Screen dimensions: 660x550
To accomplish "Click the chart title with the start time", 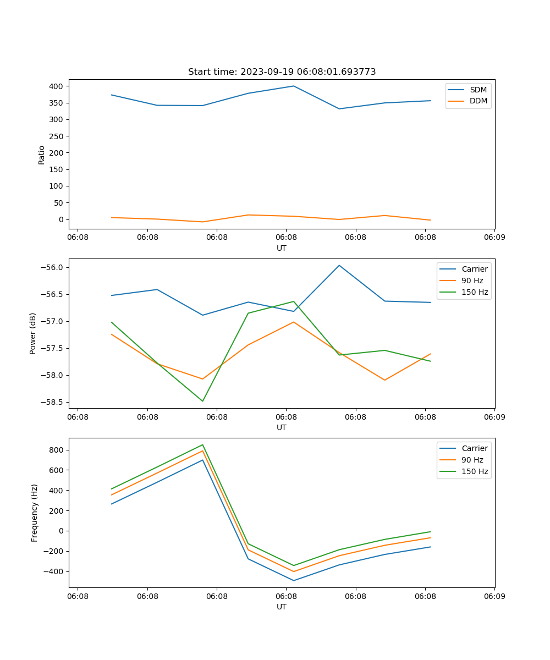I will pyautogui.click(x=282, y=72).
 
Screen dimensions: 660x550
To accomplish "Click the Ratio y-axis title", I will pyautogui.click(x=42, y=155).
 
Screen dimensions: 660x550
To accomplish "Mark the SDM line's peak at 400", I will pyautogui.click(x=294, y=86).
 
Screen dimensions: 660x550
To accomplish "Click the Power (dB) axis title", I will pyautogui.click(x=33, y=333).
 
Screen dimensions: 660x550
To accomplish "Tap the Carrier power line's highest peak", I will pyautogui.click(x=339, y=265).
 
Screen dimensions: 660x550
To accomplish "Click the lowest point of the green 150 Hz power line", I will pyautogui.click(x=202, y=401).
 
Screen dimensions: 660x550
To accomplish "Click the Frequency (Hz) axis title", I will pyautogui.click(x=35, y=513).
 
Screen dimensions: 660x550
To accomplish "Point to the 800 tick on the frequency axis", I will pyautogui.click(x=56, y=450).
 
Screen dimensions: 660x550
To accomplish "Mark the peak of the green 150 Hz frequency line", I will pyautogui.click(x=202, y=444).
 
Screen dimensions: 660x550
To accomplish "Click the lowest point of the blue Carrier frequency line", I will pyautogui.click(x=294, y=580).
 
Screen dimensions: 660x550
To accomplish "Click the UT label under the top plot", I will pyautogui.click(x=282, y=248).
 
